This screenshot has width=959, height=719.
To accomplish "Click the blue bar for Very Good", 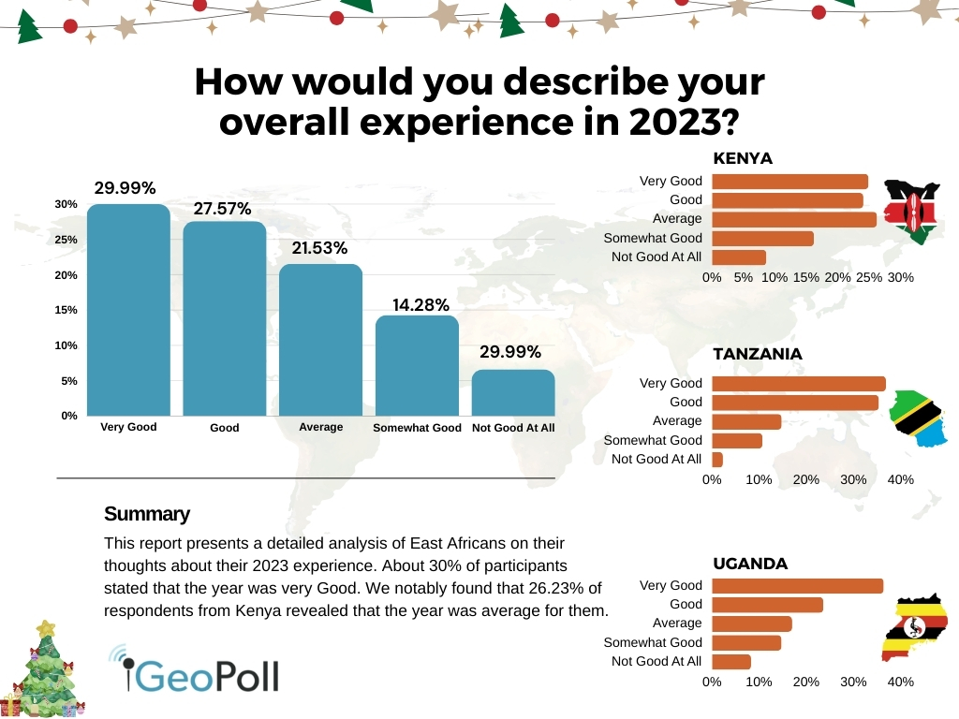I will tap(128, 310).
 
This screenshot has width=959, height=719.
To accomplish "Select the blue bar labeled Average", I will tap(321, 340).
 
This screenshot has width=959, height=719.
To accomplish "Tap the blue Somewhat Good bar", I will tap(417, 365).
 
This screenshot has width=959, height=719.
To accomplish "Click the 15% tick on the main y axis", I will tap(66, 310).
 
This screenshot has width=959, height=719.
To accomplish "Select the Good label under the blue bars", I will tap(225, 428).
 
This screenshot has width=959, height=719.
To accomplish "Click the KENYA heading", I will tap(743, 158).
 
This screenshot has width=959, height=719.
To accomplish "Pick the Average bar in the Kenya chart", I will tap(794, 219).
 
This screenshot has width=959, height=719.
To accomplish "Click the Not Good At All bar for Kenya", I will tap(739, 257).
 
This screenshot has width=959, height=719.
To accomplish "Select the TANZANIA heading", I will tap(758, 354).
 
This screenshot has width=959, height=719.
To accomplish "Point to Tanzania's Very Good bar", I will tap(799, 383).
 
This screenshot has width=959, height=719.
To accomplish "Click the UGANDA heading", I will tap(750, 564).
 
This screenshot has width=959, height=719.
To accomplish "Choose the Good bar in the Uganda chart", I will tap(767, 605).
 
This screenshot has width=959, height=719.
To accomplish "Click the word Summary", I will tap(147, 514).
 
